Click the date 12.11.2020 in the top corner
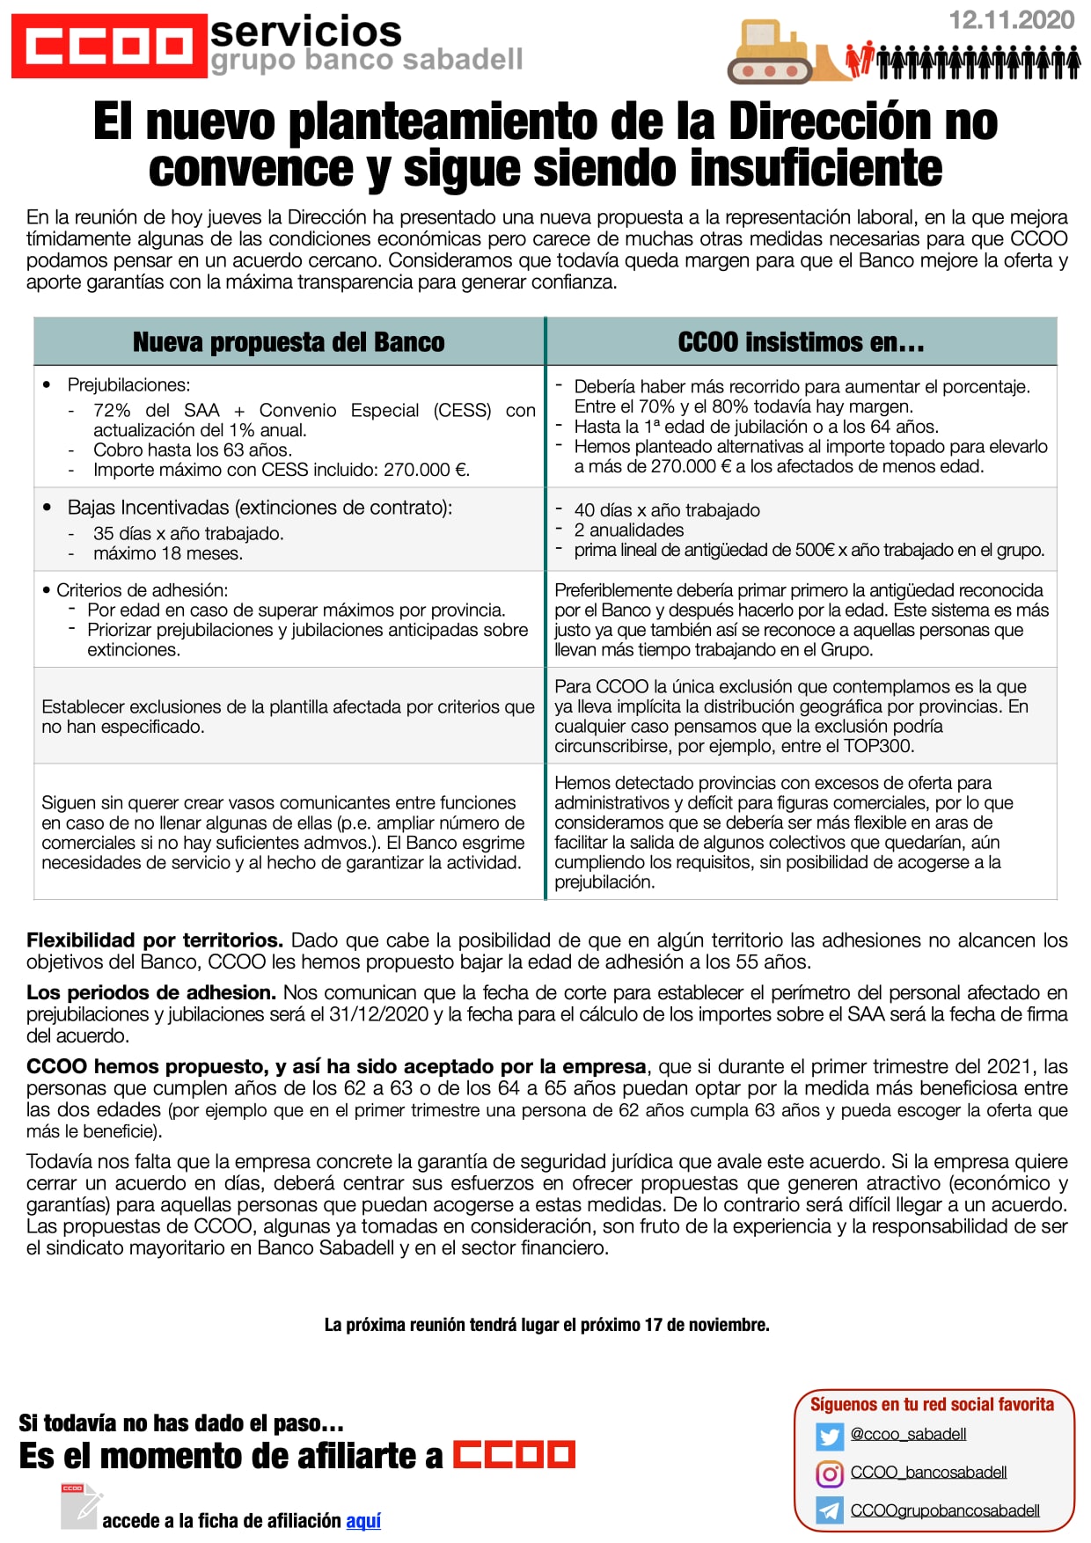click(x=1011, y=20)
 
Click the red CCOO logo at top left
click(x=108, y=46)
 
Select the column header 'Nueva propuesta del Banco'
click(x=289, y=342)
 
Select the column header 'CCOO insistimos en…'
click(x=801, y=342)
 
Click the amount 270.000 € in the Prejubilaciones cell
click(x=426, y=470)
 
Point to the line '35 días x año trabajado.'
click(x=187, y=533)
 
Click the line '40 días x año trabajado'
click(x=666, y=510)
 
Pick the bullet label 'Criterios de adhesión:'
click(x=142, y=589)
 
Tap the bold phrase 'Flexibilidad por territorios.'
click(x=155, y=940)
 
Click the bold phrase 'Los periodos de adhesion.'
click(x=151, y=992)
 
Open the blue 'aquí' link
click(x=363, y=1521)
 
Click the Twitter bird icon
click(x=829, y=1437)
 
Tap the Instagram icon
click(x=829, y=1474)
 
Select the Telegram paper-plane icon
click(x=829, y=1511)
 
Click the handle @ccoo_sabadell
click(x=908, y=1435)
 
